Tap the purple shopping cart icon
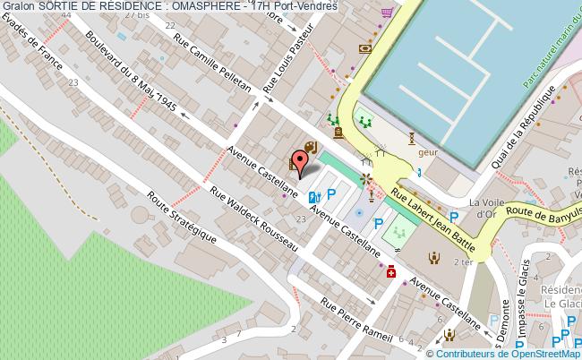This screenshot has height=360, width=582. [x=387, y=12]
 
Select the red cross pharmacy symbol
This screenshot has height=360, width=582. [x=390, y=276]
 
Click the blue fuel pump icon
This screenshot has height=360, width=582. [x=313, y=198]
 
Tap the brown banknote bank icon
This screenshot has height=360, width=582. [x=364, y=48]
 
